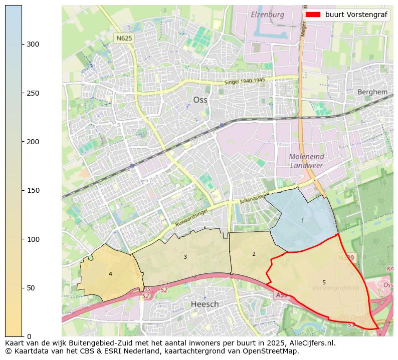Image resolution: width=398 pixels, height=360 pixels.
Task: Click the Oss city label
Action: [x=200, y=100]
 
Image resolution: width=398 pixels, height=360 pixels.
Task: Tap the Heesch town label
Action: [x=205, y=304]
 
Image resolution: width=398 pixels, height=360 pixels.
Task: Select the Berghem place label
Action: [x=372, y=92]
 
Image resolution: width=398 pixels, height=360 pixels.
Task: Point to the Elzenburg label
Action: [x=267, y=15]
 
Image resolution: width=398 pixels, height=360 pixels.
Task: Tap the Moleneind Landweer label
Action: [x=306, y=161]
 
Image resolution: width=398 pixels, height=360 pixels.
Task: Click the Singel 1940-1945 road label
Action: [x=245, y=81]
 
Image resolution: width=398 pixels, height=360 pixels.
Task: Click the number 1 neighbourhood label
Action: [x=302, y=220]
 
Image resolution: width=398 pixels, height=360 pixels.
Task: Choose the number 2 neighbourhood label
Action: [x=254, y=254]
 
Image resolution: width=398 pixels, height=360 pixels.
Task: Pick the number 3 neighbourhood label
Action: [x=185, y=257]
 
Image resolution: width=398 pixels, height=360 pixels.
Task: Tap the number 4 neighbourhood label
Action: [x=110, y=274]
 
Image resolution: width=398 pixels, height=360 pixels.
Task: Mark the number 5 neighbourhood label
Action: [x=324, y=282]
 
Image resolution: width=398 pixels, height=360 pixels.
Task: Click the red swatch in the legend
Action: [x=312, y=15]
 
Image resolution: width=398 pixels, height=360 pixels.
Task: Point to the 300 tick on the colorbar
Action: [x=33, y=44]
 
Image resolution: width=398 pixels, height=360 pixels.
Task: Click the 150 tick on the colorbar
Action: [x=33, y=190]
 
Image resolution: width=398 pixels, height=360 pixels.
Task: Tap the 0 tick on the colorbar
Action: [x=29, y=336]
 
